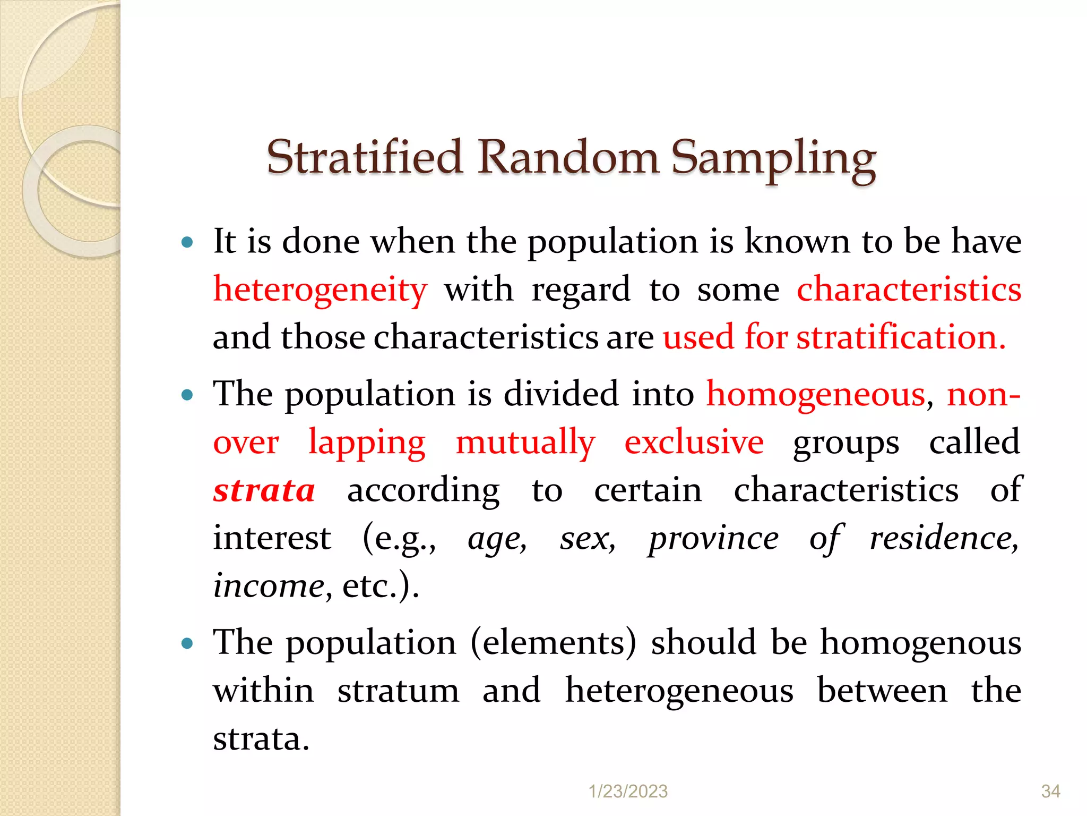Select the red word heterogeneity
coord(320,290)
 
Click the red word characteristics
coord(909,290)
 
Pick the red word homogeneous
coord(816,395)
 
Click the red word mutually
coord(525,443)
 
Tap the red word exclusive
coord(694,443)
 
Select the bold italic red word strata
coord(264,490)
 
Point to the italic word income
coord(269,586)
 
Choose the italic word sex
coord(587,538)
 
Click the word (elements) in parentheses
coord(553,643)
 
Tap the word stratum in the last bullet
coord(398,691)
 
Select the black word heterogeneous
coord(679,691)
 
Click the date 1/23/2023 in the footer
coord(628,792)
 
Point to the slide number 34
coord(1050,792)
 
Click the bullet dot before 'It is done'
coord(187,243)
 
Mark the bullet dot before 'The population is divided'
coord(187,395)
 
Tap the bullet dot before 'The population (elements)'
coord(187,644)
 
